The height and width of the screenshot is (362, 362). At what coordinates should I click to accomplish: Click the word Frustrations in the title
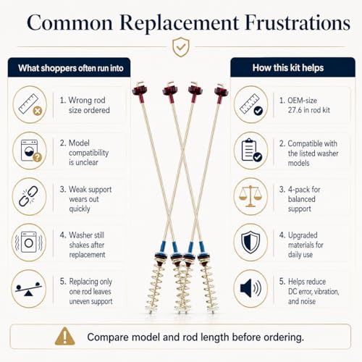click(298, 23)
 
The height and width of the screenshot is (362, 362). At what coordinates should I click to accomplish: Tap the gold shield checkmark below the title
click(181, 47)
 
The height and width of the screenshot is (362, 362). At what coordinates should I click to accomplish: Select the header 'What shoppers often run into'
click(71, 68)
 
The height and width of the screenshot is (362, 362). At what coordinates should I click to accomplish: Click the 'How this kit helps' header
click(288, 68)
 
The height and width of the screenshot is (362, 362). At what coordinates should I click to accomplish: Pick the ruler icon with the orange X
click(30, 104)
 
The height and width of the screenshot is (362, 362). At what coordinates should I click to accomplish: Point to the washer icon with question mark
click(31, 151)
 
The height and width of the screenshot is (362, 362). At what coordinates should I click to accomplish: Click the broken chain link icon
click(28, 196)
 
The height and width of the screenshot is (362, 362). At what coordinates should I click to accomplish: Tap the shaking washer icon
click(29, 243)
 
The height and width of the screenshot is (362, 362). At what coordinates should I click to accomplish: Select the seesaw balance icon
click(28, 289)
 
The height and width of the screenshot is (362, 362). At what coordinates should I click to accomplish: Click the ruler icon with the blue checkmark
click(251, 104)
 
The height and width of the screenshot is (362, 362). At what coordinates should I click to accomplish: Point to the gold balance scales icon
click(251, 196)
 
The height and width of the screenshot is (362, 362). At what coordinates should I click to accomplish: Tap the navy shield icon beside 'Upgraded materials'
click(251, 243)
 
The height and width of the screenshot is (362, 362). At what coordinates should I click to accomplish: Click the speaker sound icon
click(251, 288)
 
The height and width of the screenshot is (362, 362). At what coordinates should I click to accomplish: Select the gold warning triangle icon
click(64, 336)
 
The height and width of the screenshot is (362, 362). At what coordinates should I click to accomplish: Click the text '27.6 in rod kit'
click(309, 110)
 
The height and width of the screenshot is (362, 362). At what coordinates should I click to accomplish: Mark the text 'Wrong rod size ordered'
click(85, 105)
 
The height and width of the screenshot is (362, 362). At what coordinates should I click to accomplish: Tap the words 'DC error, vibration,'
click(313, 292)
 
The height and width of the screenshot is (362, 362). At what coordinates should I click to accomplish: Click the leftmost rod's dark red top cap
click(140, 91)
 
